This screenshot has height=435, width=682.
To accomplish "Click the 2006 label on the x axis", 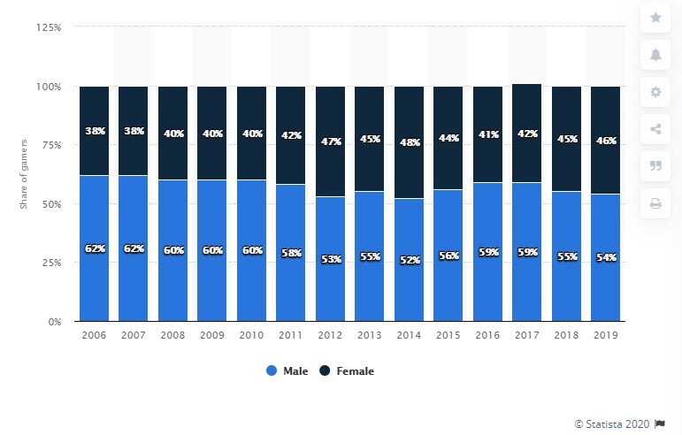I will tap(94, 336).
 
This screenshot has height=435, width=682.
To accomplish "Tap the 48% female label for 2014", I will tap(409, 143).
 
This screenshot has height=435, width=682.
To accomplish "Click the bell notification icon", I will tap(655, 55).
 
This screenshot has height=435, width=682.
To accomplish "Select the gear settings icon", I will tap(655, 92).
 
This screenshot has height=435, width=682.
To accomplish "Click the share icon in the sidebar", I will tap(655, 129).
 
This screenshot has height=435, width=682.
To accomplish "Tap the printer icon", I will tap(655, 203).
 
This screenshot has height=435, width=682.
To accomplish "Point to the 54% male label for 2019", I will tap(605, 257).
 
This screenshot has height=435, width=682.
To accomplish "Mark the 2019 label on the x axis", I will tap(605, 336).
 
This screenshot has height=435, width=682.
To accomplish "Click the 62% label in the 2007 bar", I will tap(134, 248).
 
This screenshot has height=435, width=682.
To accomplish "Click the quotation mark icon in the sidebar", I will tap(655, 166).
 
